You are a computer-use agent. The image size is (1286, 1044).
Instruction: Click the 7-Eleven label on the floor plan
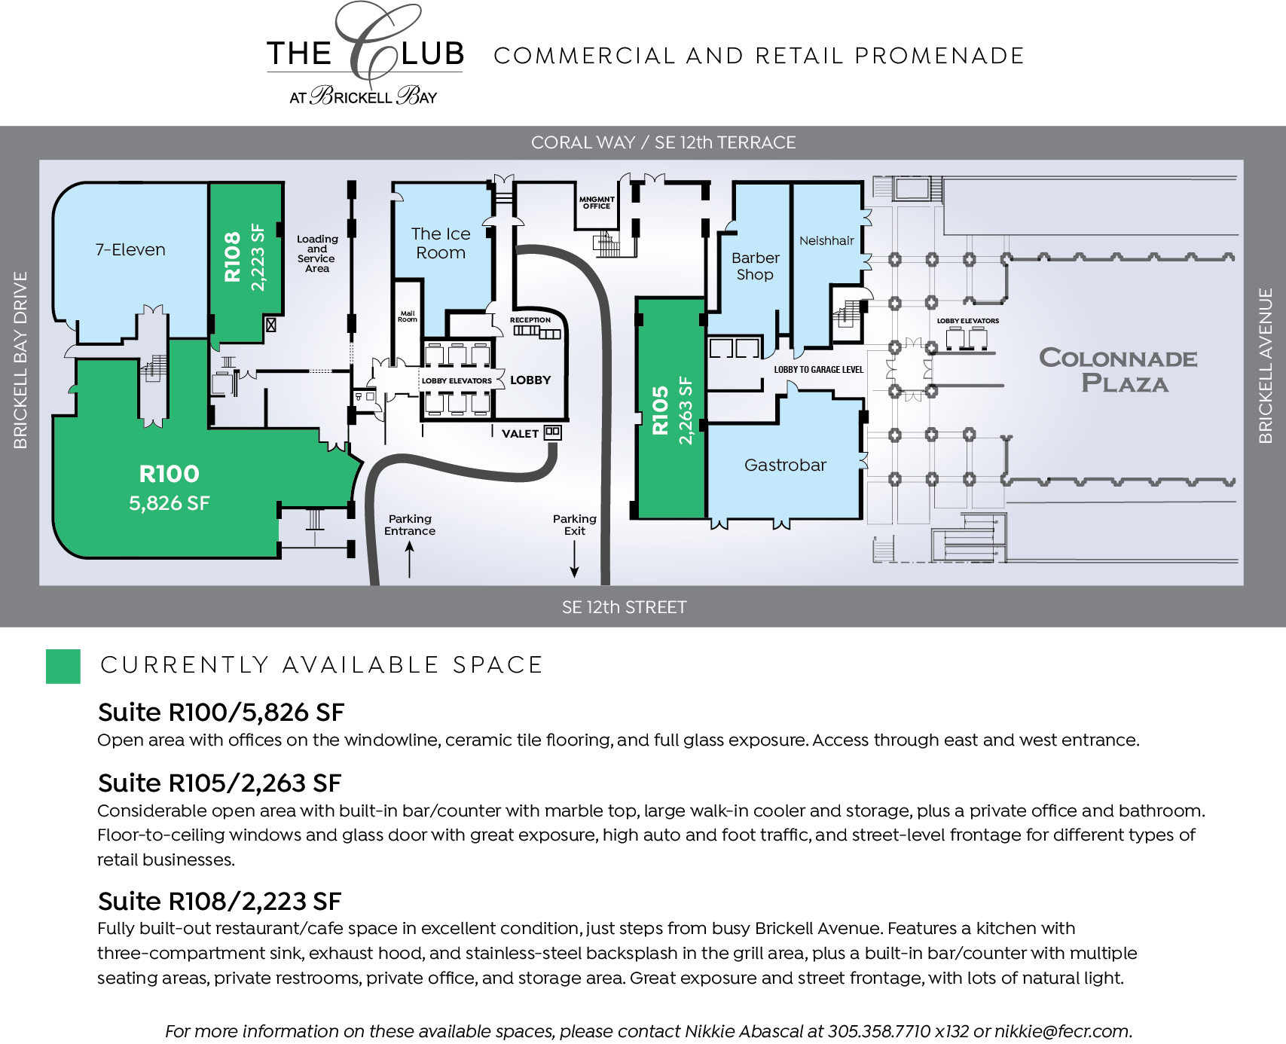coord(130,250)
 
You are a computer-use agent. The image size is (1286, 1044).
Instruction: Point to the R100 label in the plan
coord(170,474)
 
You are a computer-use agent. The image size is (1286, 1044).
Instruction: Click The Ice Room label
coord(441,243)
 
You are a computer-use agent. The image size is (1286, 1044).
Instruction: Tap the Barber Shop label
coord(755,266)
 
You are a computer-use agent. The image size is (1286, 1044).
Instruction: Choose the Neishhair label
coord(826,241)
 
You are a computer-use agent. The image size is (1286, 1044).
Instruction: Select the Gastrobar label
coord(785,466)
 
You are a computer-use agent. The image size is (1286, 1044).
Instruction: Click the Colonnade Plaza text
coord(1119,371)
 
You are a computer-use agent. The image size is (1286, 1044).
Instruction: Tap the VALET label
coord(520,434)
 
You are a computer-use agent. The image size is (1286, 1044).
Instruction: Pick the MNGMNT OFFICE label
coord(597,203)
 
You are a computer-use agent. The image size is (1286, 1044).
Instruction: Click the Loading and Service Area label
coord(317,254)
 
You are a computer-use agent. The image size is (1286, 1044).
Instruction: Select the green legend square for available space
coord(63,667)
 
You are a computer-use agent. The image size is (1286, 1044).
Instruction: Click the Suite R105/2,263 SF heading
coord(219,783)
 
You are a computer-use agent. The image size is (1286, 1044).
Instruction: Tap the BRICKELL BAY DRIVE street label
coord(20,360)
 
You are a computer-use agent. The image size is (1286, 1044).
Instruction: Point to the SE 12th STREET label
coord(624,607)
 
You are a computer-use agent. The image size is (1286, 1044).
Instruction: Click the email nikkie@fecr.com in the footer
coord(1062,1031)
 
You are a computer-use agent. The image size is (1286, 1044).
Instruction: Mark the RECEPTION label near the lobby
coord(530,320)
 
